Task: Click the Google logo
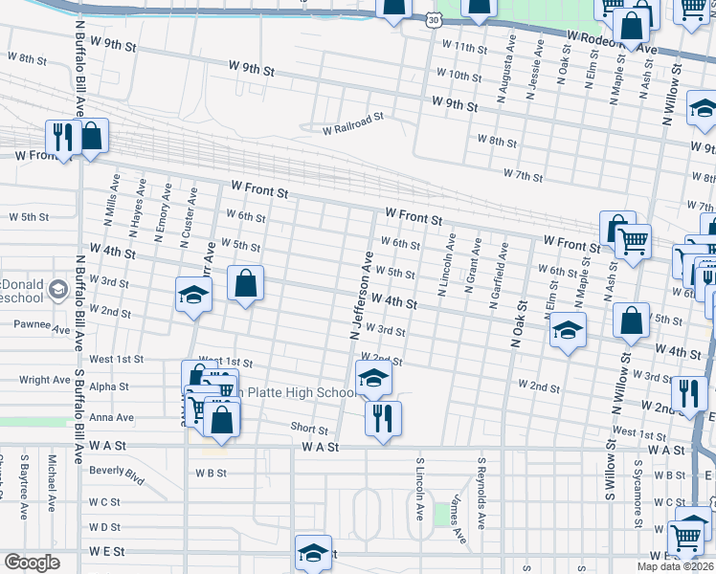pyautogui.click(x=32, y=563)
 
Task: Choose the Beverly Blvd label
pyautogui.click(x=116, y=471)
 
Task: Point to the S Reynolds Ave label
pyautogui.click(x=482, y=495)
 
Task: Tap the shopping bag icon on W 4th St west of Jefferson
pyautogui.click(x=245, y=283)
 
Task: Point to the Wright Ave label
pyautogui.click(x=44, y=380)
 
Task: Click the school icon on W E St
pyautogui.click(x=313, y=552)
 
